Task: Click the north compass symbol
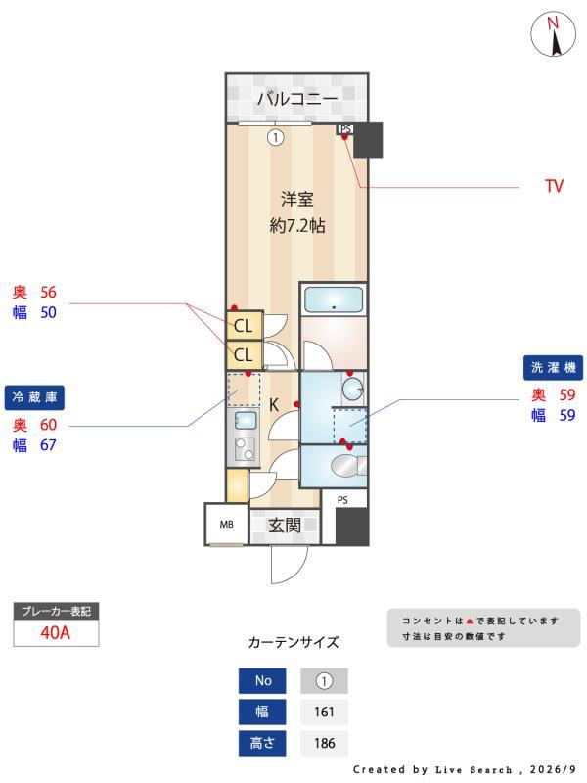[x=553, y=34]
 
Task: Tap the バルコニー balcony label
[x=297, y=98]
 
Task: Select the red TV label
[x=554, y=186]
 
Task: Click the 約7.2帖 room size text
[x=297, y=226]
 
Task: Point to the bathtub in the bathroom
[x=334, y=299]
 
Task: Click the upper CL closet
[x=244, y=326]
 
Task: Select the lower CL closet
[x=244, y=355]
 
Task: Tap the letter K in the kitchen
[x=274, y=404]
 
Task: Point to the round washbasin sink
[x=354, y=389]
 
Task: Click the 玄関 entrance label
[x=285, y=526]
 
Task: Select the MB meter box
[x=227, y=525]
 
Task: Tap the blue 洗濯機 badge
[x=553, y=368]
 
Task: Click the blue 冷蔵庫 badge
[x=34, y=398]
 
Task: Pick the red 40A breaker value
[x=56, y=632]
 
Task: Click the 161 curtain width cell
[x=324, y=712]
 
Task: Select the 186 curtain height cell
[x=324, y=743]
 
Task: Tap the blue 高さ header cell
[x=262, y=743]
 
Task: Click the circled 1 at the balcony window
[x=276, y=137]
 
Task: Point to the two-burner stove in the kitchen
[x=245, y=448]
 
